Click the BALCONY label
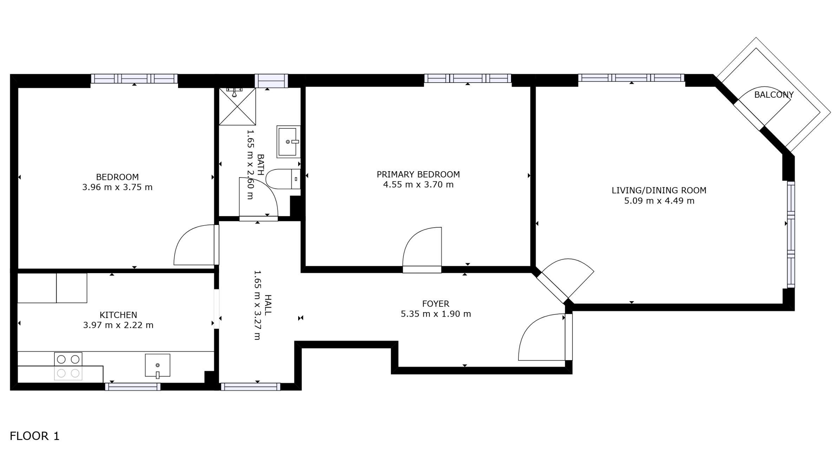[774, 95]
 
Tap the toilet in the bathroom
[283, 179]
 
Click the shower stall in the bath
[237, 106]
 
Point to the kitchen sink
[158, 365]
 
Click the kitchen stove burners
[68, 366]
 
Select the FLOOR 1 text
[35, 436]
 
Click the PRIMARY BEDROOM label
[418, 174]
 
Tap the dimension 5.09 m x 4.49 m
[659, 201]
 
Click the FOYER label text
[436, 304]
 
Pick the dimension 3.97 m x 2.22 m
[118, 325]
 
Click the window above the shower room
[271, 81]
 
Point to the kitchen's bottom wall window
[133, 387]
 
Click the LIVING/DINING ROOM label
[659, 190]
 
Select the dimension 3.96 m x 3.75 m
[117, 187]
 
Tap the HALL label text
[268, 305]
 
